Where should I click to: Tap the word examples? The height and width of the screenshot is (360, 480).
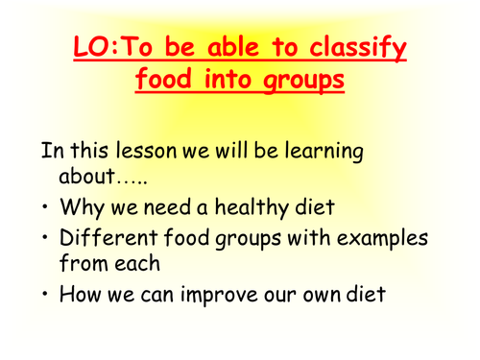click(373, 238)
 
